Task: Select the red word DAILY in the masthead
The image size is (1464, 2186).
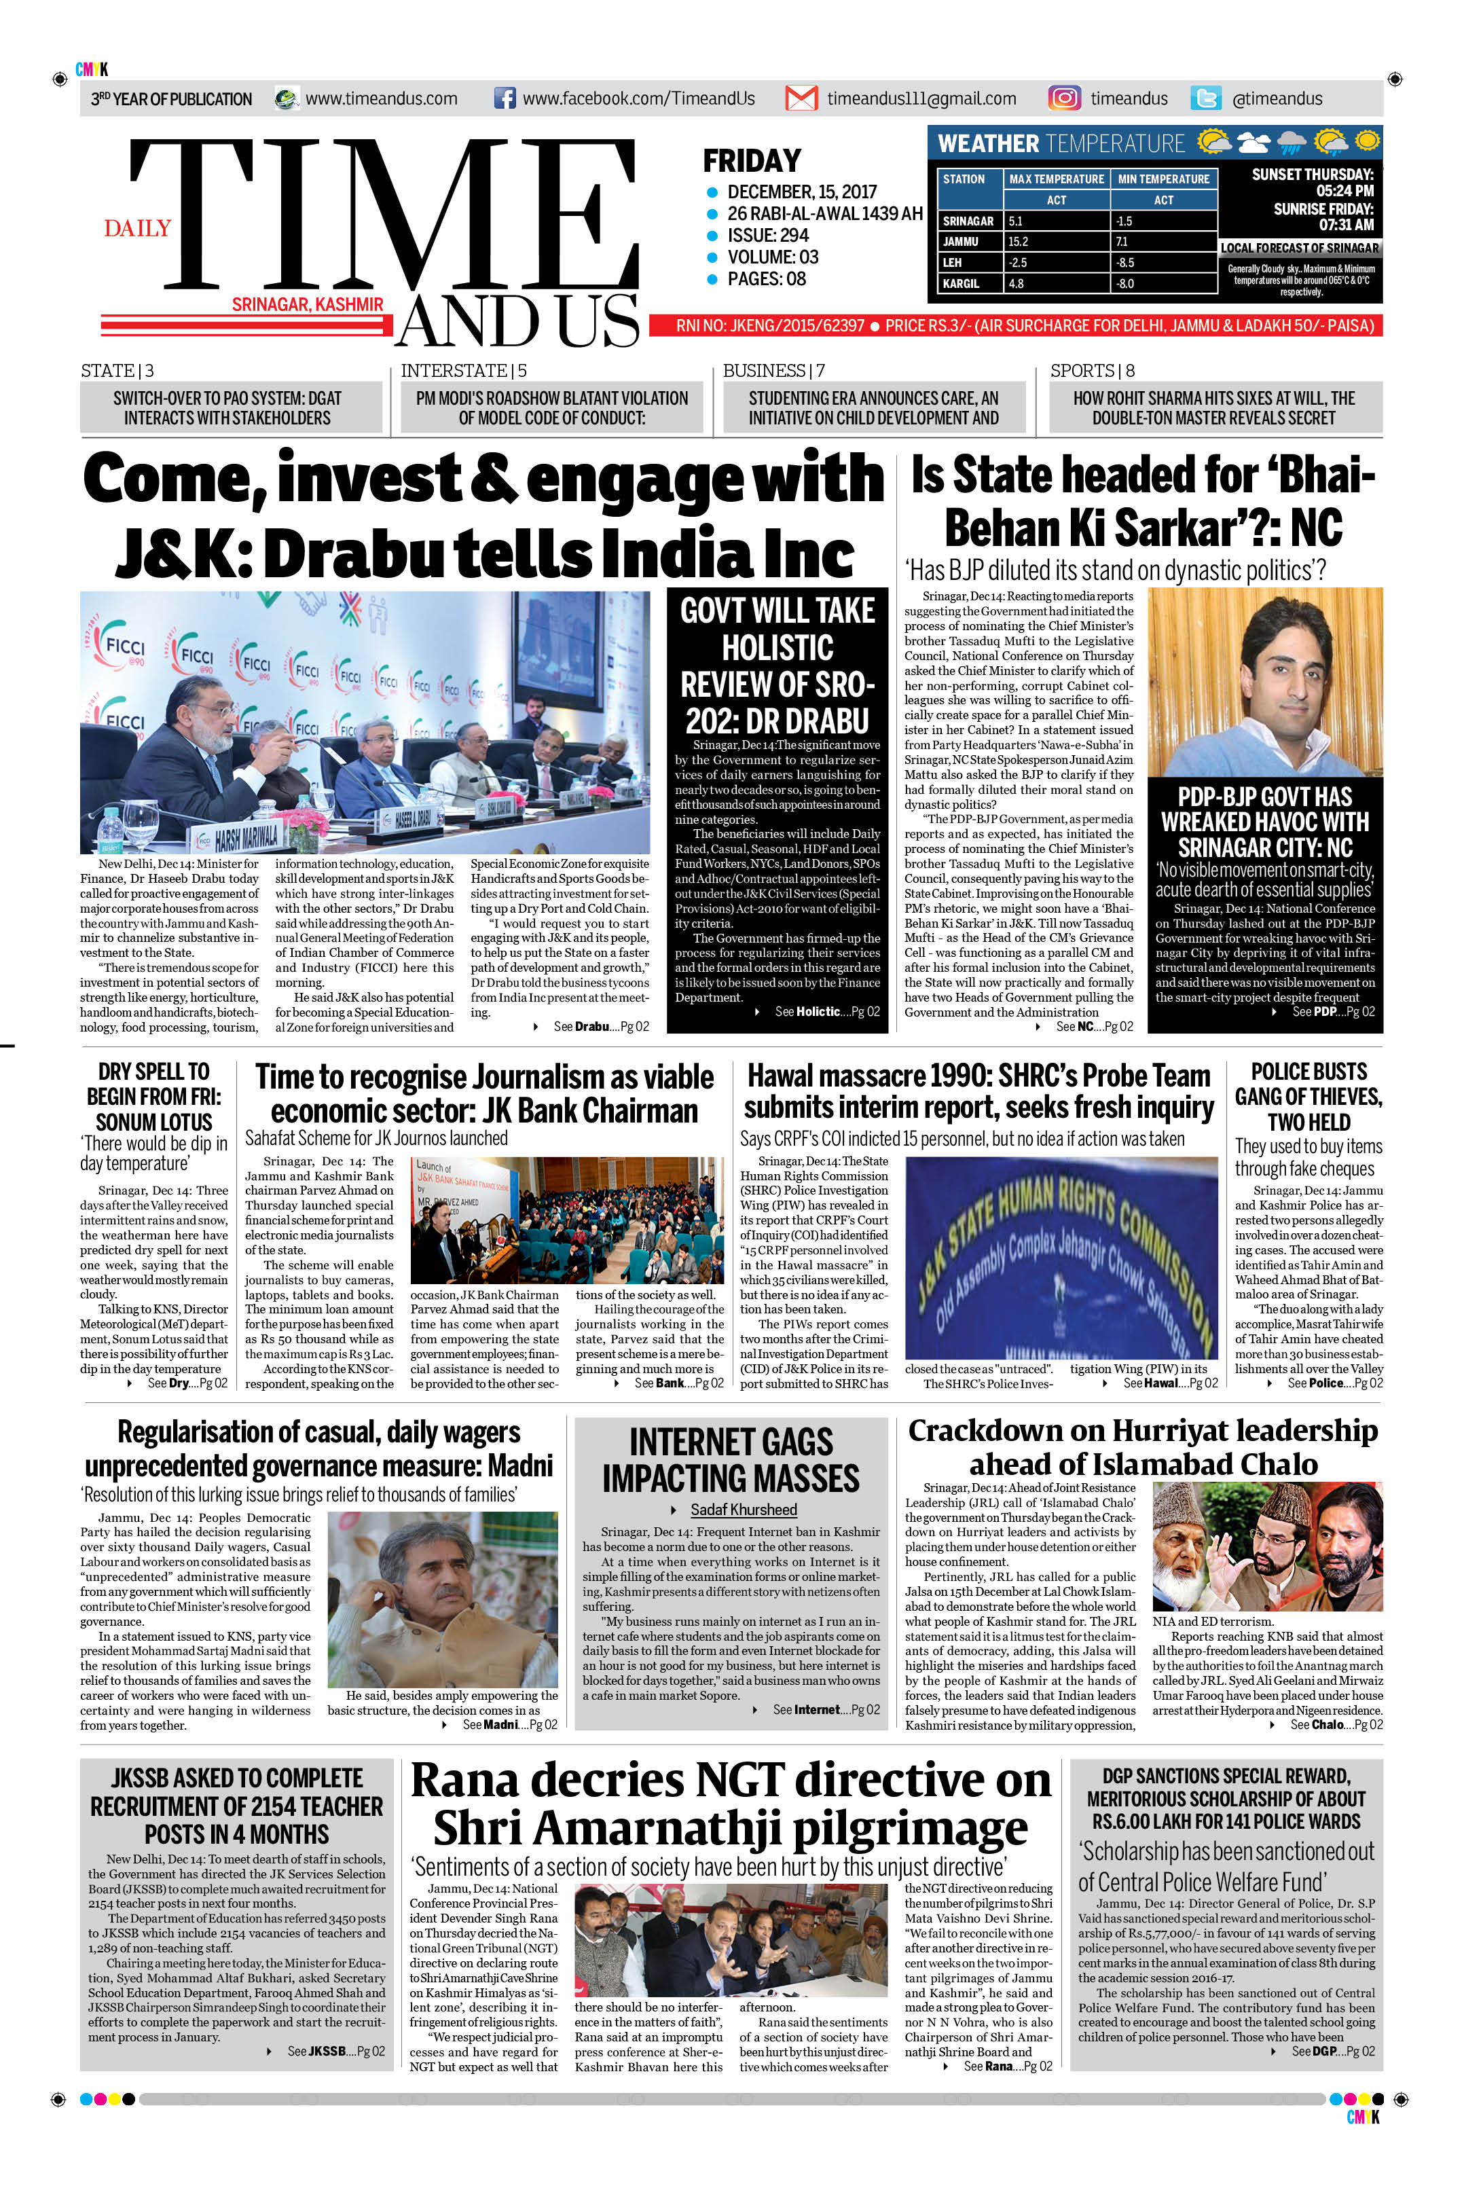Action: (x=137, y=229)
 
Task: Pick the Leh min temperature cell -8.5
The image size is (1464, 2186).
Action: (x=1125, y=262)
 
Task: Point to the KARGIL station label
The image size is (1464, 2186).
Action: (x=961, y=284)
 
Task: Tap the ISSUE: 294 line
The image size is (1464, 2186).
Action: (x=767, y=236)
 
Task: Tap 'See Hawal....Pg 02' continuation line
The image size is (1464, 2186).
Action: (x=1169, y=1383)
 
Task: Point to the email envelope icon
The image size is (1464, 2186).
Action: (x=801, y=98)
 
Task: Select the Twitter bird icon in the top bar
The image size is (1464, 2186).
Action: (x=1205, y=98)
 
